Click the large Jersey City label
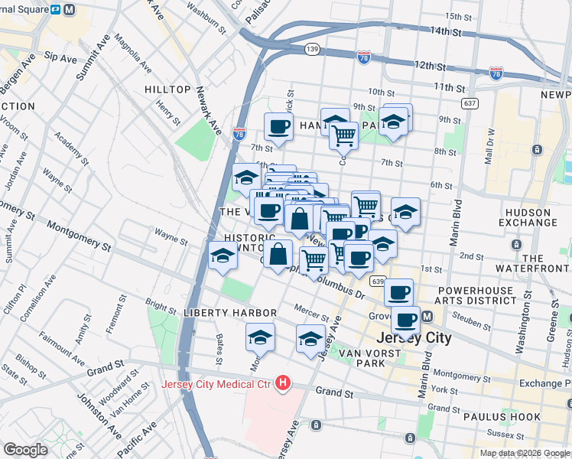click(x=413, y=337)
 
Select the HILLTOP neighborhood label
click(x=167, y=90)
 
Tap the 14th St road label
click(x=447, y=32)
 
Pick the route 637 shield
click(x=470, y=103)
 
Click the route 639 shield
click(x=376, y=282)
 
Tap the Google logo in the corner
click(x=25, y=449)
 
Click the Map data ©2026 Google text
click(x=525, y=453)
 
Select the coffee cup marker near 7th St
click(x=278, y=127)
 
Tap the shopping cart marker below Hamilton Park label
click(x=344, y=136)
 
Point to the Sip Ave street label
click(x=60, y=57)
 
